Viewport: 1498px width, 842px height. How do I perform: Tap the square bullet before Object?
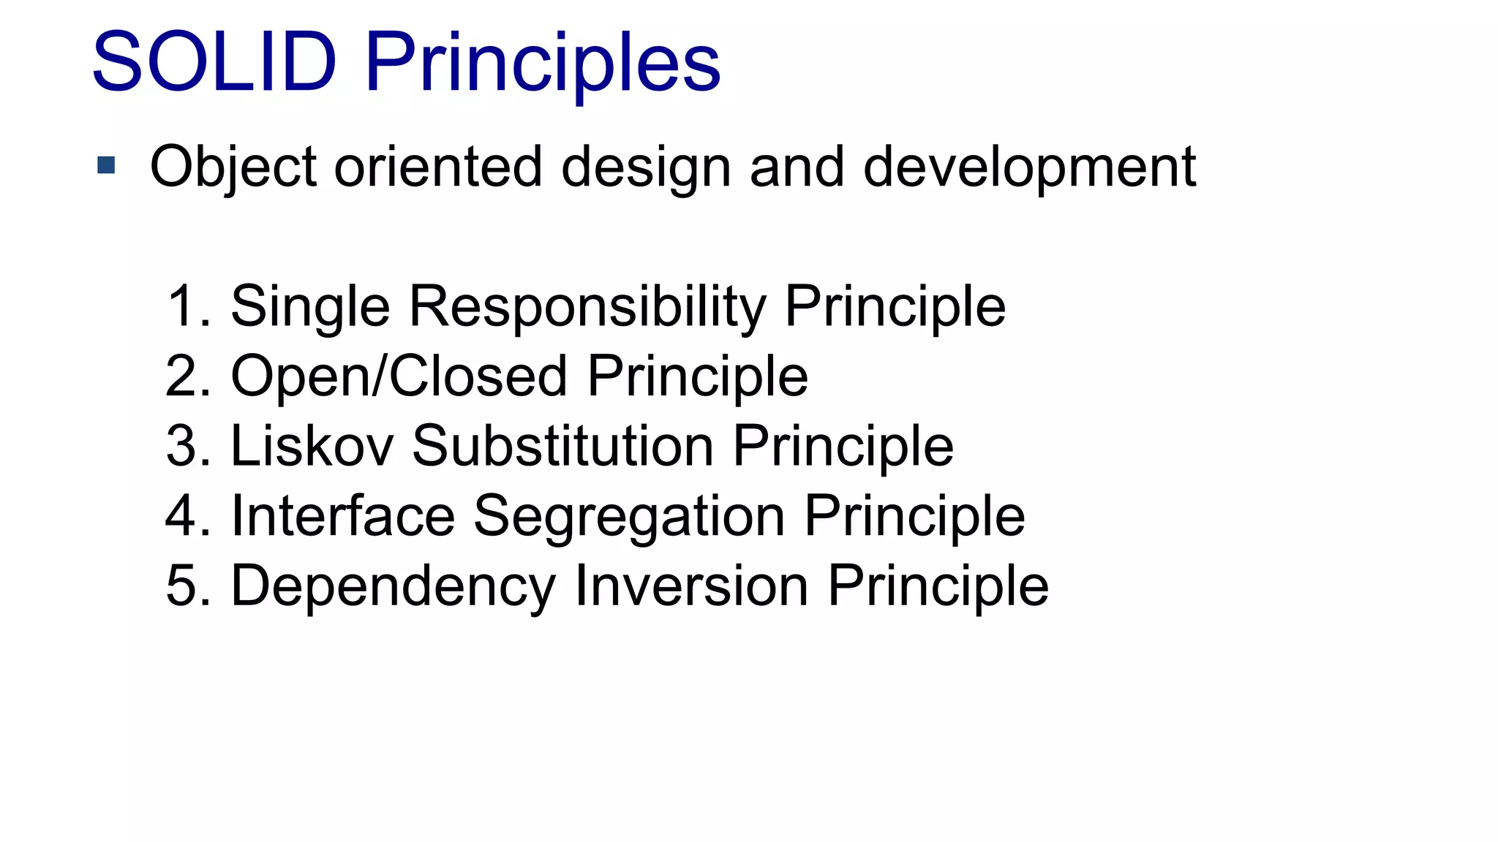coord(106,165)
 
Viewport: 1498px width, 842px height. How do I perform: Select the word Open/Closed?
coord(399,376)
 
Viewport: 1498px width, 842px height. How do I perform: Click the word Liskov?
coord(312,446)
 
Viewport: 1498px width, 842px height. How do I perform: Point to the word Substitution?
coord(562,446)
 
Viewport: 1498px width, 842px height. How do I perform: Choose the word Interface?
coord(343,516)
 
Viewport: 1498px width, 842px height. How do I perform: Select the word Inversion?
coord(691,585)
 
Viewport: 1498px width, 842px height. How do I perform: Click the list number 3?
coord(181,446)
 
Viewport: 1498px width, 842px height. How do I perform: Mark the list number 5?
coord(181,586)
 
